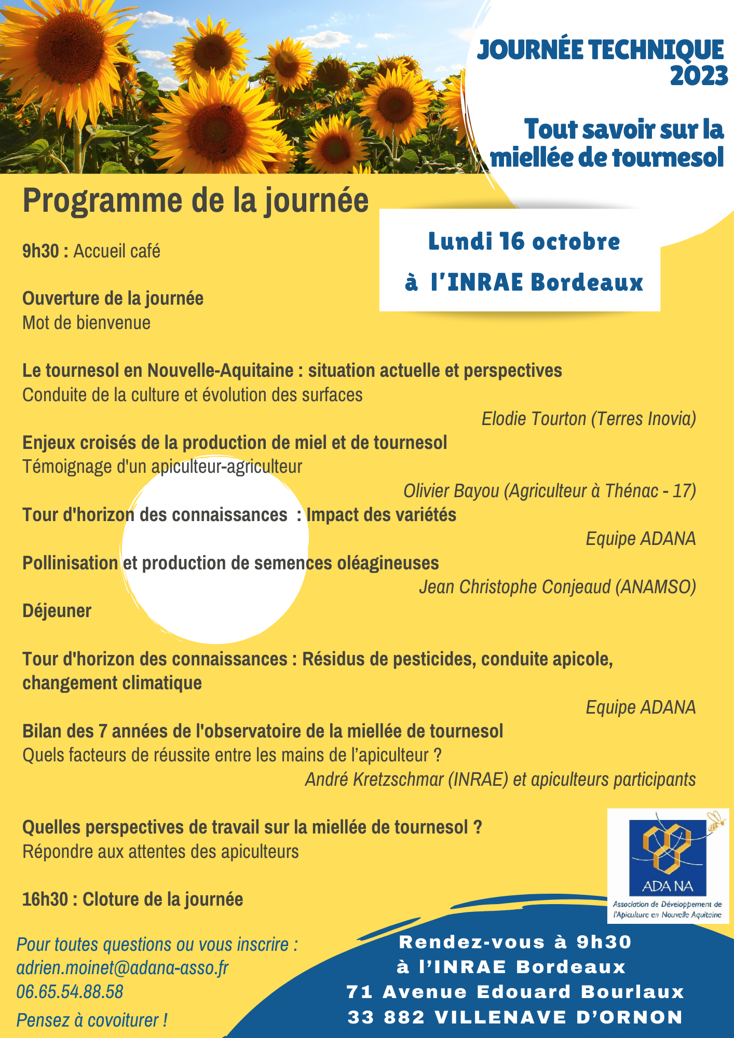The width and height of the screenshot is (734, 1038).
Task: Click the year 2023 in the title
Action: [x=698, y=76]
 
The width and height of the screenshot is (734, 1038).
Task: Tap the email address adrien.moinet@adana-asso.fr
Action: [x=122, y=968]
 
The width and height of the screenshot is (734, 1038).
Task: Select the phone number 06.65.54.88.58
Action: [x=70, y=992]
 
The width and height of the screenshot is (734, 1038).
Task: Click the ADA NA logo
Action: [x=668, y=866]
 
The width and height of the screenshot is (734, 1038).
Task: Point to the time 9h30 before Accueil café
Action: [x=40, y=251]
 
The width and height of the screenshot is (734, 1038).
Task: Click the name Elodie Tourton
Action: [x=534, y=419]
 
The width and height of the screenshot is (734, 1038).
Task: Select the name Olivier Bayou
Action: [x=451, y=490]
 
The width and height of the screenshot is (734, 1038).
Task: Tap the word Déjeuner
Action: [x=57, y=611]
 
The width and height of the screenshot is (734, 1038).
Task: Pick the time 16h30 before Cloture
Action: [x=45, y=899]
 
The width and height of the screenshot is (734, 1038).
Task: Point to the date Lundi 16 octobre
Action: [x=524, y=242]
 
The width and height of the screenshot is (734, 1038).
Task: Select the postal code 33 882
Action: [x=386, y=1017]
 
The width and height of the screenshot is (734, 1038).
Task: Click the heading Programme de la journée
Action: [x=195, y=201]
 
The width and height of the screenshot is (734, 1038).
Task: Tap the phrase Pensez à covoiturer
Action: [x=91, y=1020]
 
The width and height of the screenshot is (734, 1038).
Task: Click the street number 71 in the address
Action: [x=359, y=992]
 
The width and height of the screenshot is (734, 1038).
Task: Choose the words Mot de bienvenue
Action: [x=86, y=323]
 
